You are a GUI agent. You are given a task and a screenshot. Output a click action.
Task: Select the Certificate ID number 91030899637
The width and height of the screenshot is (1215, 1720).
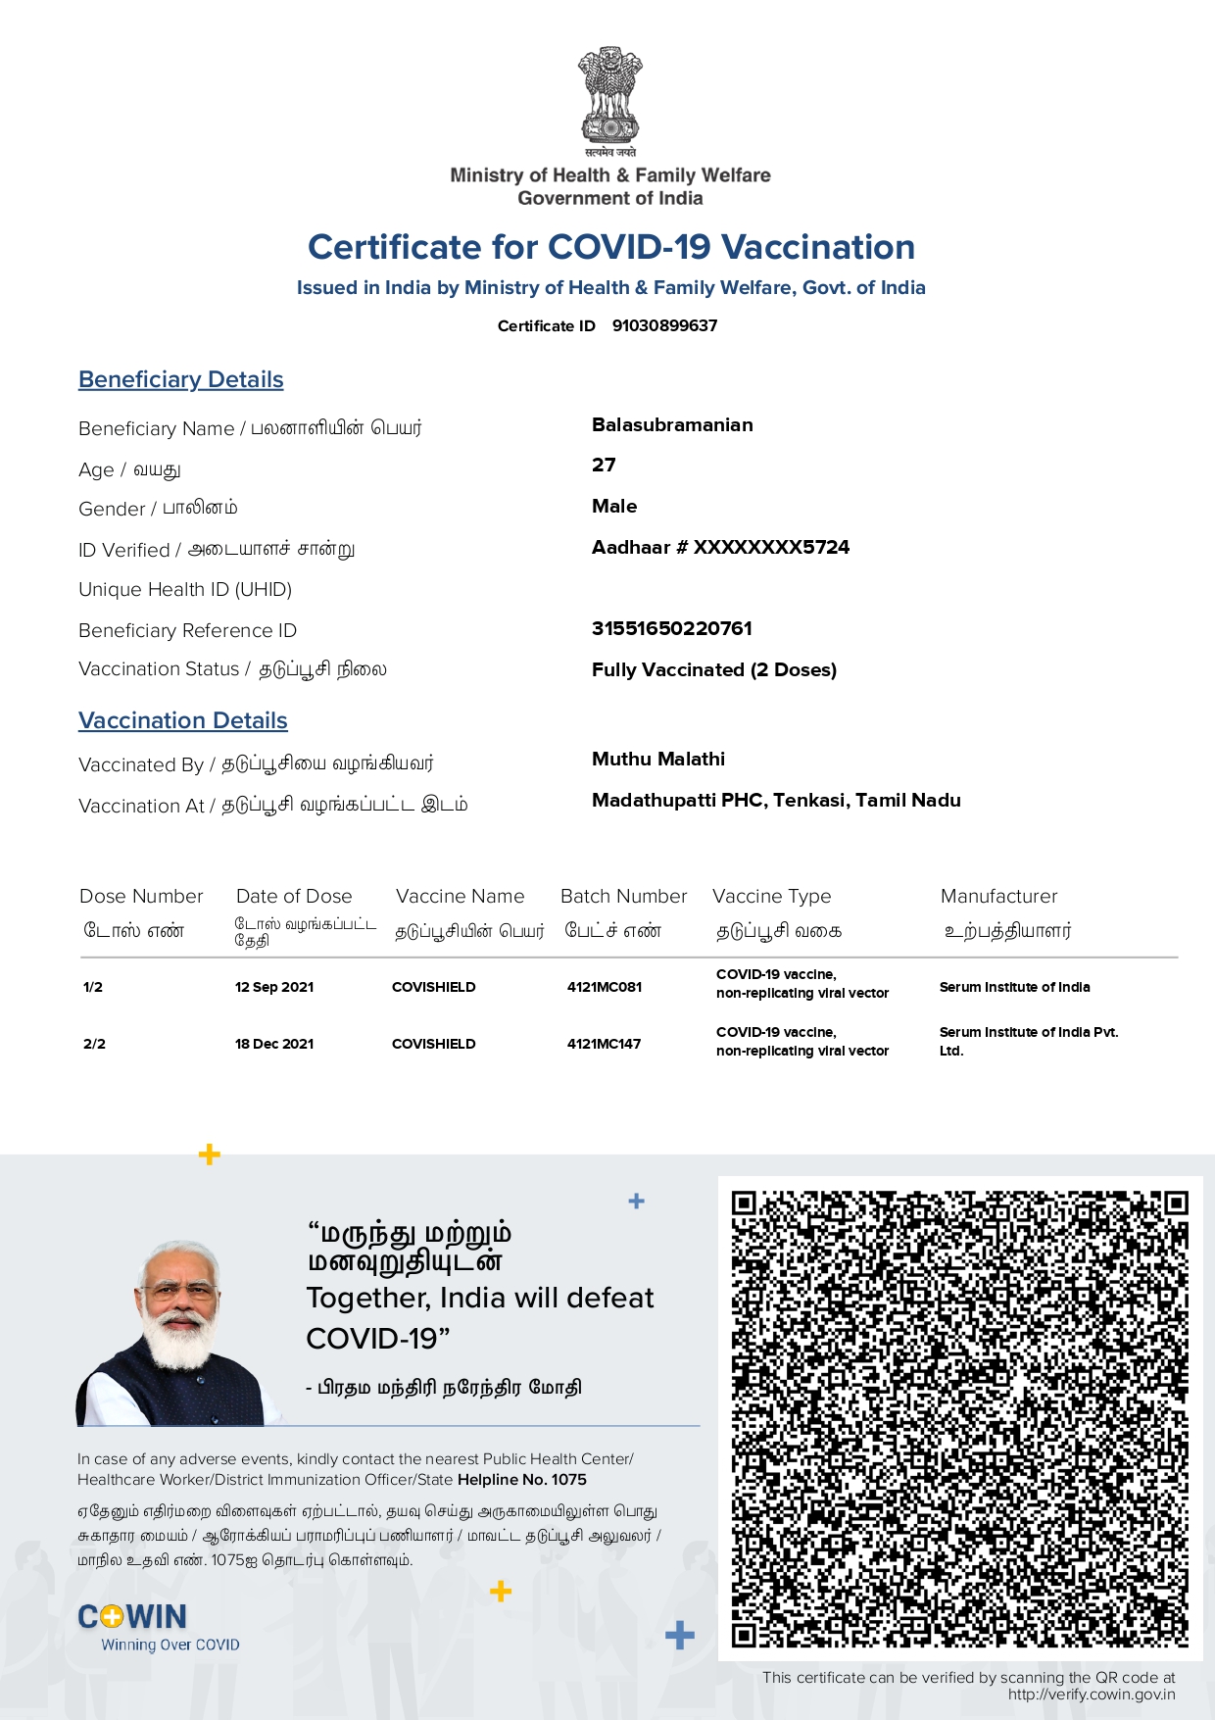pos(664,325)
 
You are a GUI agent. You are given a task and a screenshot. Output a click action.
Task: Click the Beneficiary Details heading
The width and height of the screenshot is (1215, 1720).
pos(181,379)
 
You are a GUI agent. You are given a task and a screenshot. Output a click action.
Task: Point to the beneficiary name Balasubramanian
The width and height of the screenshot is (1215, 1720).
pos(672,424)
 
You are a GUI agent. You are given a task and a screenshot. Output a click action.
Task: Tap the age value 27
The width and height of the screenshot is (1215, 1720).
pos(604,466)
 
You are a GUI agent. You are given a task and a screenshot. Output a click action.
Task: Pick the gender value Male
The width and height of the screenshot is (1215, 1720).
pos(614,506)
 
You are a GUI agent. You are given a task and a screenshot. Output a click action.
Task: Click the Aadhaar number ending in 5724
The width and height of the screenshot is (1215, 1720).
pos(720,547)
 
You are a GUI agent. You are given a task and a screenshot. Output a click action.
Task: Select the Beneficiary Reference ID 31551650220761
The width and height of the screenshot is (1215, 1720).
pos(671,628)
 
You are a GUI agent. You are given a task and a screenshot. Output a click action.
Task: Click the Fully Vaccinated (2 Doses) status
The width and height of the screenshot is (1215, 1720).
pos(713,669)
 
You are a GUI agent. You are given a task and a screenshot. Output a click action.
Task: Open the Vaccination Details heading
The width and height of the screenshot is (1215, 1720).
pos(183,720)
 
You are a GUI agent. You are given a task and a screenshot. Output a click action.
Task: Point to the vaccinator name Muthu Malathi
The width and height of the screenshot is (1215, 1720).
pos(658,759)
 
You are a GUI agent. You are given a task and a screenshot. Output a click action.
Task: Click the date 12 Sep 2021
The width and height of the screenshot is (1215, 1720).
pos(274,987)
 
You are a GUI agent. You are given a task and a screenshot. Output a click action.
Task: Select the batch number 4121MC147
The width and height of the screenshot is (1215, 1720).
pos(604,1044)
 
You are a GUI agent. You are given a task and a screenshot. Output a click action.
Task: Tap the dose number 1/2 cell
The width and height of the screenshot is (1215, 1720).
pos(93,987)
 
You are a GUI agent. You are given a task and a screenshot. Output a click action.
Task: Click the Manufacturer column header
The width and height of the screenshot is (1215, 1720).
pos(998,896)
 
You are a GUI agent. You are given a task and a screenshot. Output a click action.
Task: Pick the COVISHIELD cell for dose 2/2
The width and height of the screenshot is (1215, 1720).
pos(433,1044)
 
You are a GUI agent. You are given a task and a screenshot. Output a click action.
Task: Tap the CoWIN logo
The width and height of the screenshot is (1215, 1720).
pos(132,1617)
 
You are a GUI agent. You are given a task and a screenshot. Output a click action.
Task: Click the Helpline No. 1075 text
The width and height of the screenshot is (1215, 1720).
pos(521,1480)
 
